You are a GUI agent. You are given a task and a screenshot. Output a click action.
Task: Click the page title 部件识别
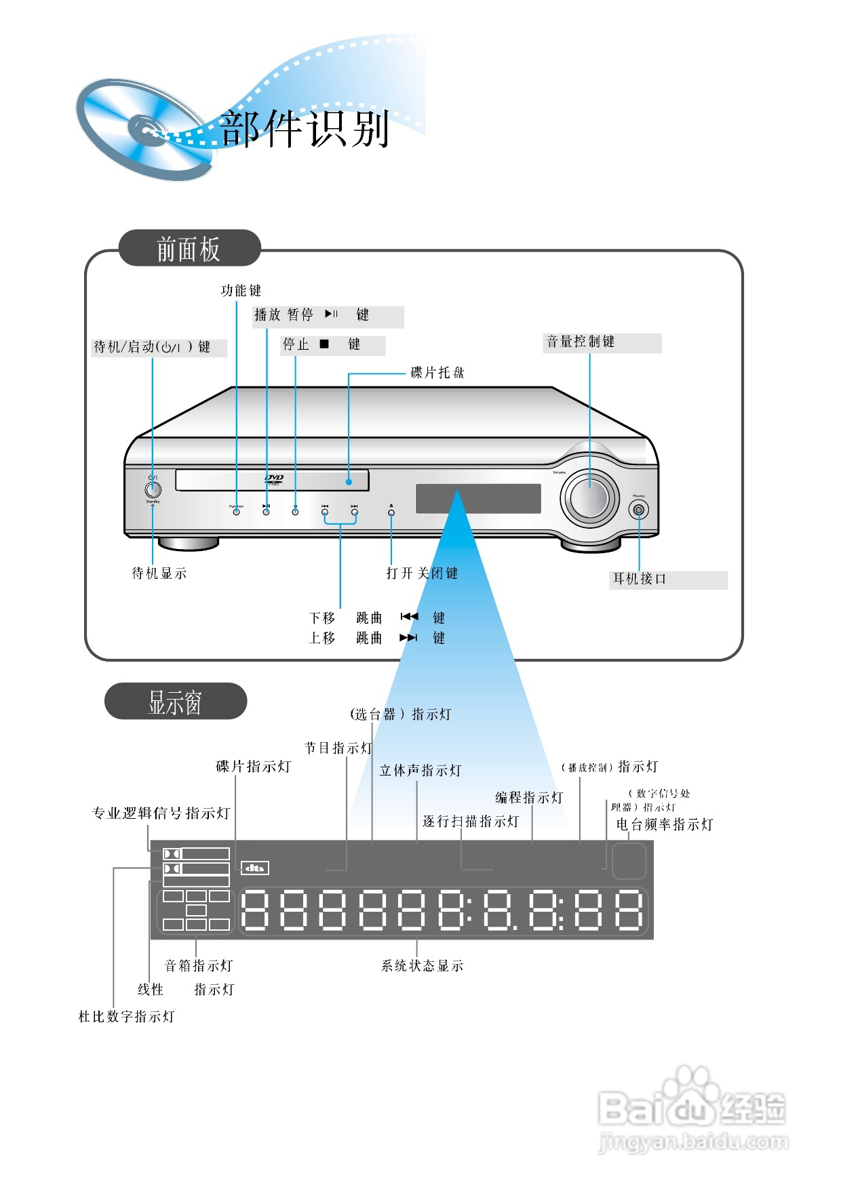pos(305,128)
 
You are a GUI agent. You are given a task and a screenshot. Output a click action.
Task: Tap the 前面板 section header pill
pos(189,249)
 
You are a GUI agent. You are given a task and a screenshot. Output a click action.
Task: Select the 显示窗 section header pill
pos(175,702)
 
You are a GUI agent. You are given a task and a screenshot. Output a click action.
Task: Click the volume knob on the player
pos(589,498)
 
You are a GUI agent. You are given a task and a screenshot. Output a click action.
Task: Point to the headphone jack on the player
pos(638,510)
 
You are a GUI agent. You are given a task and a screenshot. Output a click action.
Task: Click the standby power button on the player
pos(153,489)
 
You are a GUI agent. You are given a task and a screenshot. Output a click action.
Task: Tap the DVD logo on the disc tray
pos(274,479)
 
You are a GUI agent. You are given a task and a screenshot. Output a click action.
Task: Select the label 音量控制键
pos(581,342)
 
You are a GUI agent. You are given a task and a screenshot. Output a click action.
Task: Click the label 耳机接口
pos(640,579)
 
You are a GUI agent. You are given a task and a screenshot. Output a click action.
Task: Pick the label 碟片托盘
pos(437,373)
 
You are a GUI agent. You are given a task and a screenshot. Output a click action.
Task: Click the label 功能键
pos(241,291)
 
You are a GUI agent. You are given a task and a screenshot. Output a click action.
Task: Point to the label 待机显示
pos(159,573)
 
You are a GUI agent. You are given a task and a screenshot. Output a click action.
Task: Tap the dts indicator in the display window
pos(255,868)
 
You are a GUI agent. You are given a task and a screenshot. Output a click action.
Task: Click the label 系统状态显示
pos(422,966)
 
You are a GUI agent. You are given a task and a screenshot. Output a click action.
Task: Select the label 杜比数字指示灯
pos(126,1017)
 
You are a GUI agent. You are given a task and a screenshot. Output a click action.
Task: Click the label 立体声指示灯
pos(420,771)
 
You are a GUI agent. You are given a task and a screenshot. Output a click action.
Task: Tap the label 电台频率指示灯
pos(664,825)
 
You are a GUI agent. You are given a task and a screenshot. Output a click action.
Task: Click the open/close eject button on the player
pos(391,512)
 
